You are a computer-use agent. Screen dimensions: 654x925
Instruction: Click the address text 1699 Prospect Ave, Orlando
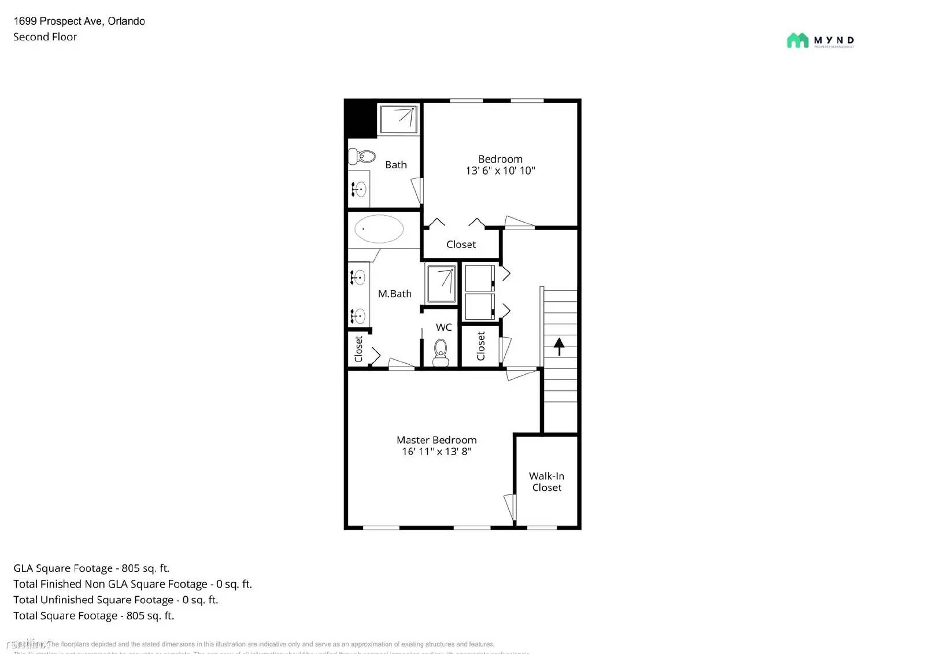(x=79, y=21)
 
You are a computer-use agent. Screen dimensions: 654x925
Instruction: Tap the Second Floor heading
(x=45, y=37)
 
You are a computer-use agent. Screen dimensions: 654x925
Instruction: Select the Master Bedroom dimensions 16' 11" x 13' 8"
(x=436, y=452)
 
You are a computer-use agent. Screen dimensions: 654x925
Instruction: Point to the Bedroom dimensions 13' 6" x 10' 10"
(x=500, y=171)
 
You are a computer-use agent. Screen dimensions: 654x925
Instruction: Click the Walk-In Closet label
(x=546, y=482)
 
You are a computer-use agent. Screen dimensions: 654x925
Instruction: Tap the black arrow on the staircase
(x=559, y=346)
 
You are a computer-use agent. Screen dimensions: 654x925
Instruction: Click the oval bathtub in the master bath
(x=379, y=229)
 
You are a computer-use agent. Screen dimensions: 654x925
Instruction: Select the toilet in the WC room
(x=441, y=352)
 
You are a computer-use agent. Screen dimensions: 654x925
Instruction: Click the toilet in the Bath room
(x=362, y=156)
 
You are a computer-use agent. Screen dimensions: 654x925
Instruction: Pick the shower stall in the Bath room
(x=398, y=119)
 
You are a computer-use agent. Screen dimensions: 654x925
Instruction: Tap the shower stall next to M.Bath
(x=441, y=283)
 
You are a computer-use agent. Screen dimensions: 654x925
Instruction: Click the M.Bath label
(x=394, y=294)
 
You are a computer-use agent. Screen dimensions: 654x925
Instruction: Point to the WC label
(x=443, y=327)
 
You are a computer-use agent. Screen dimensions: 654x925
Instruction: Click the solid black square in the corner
(x=360, y=118)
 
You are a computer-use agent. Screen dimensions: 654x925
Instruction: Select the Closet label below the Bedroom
(x=461, y=245)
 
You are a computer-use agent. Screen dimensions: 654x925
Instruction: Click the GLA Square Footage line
(x=91, y=568)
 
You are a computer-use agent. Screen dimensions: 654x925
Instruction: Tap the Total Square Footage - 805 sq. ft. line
(x=94, y=616)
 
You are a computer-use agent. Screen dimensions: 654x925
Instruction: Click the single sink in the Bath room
(x=358, y=189)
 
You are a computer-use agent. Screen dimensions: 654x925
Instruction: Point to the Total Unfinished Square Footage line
(x=116, y=600)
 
